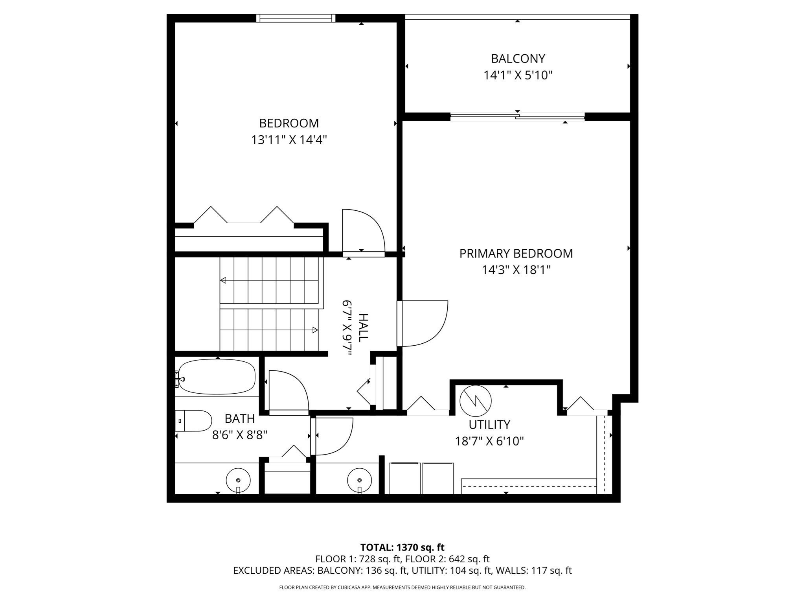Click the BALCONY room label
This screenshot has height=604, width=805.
tap(518, 59)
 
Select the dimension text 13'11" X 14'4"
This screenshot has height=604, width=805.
tap(289, 140)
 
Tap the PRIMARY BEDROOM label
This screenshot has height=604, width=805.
tap(516, 253)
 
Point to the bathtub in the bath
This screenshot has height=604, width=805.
tap(217, 377)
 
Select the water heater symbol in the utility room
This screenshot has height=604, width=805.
tap(476, 401)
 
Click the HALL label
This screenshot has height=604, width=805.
tap(363, 328)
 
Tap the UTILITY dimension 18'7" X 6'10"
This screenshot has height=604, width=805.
tap(489, 441)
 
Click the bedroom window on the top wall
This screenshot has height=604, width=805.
tap(296, 18)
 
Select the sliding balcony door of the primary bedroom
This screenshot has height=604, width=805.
tap(517, 116)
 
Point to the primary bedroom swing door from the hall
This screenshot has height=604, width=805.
tap(423, 324)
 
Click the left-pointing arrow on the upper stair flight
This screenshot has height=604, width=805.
tap(223, 280)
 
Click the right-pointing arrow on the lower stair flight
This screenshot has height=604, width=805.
tap(315, 330)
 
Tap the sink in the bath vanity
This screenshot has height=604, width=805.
tap(238, 480)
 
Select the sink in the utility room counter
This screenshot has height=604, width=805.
tap(359, 480)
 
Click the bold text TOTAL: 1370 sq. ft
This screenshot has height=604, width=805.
tap(402, 547)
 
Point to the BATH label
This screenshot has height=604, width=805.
tap(240, 418)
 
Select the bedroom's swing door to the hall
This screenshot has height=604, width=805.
tap(362, 232)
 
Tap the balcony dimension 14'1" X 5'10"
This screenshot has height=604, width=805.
tap(518, 75)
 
